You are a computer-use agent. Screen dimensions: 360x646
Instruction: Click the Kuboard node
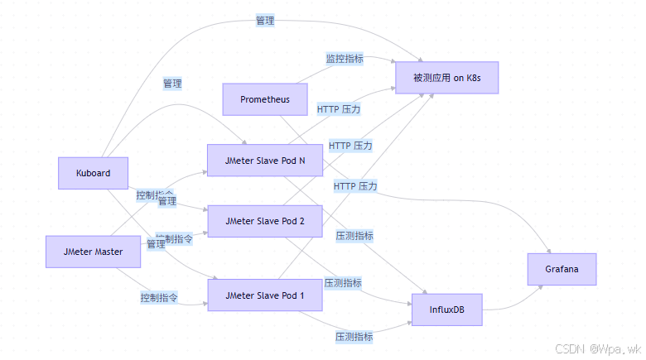pos(93,173)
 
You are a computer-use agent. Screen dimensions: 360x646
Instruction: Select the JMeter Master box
pos(93,252)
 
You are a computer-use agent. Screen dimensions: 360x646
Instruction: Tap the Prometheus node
pos(265,99)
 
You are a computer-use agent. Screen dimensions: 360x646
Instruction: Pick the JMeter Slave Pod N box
pos(264,161)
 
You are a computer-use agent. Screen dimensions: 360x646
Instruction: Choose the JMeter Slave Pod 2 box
pos(264,221)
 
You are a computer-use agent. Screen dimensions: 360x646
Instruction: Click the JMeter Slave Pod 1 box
pos(264,295)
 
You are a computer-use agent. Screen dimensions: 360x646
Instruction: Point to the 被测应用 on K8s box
pos(446,77)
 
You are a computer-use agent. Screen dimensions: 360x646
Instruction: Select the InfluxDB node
pos(446,309)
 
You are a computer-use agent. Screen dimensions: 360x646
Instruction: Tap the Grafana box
pos(562,270)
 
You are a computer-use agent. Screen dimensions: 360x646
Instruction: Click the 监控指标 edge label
pos(345,59)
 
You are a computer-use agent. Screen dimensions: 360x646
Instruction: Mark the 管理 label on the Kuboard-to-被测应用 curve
pos(265,21)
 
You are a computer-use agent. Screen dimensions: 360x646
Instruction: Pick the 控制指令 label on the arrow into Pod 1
pos(160,297)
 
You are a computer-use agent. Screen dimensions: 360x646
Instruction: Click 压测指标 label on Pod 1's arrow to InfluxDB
pos(354,337)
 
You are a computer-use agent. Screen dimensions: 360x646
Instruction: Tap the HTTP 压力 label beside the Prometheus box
pos(339,108)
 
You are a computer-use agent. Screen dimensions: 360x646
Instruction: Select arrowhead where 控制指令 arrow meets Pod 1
pos(204,304)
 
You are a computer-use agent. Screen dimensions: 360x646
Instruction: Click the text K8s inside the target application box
pos(473,77)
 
